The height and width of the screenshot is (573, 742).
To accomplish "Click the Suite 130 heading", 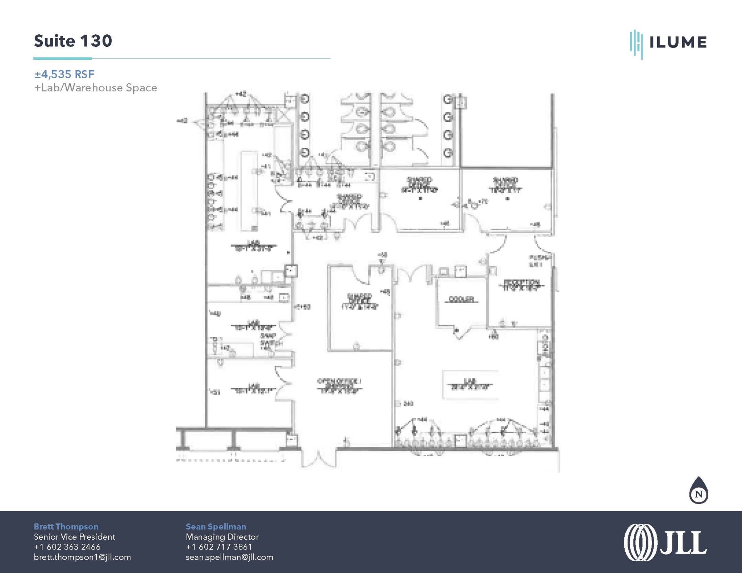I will click(x=73, y=41).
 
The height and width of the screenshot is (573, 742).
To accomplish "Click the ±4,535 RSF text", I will click(x=64, y=74).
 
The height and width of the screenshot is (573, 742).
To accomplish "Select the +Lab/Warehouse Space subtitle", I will click(x=96, y=88).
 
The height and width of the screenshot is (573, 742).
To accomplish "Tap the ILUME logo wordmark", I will click(x=677, y=42).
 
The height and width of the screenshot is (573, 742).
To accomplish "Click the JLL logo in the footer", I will click(x=665, y=543).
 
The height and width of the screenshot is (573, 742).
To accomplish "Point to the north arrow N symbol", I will click(x=699, y=494).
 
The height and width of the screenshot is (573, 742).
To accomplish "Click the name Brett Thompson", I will click(x=66, y=527).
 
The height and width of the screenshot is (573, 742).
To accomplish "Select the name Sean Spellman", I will click(x=216, y=527).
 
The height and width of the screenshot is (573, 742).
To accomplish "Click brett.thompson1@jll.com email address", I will click(x=82, y=557).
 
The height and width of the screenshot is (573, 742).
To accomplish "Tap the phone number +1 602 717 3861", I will click(x=218, y=547).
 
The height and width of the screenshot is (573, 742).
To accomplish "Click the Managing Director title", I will click(x=222, y=537).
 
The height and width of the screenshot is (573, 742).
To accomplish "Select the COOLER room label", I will click(x=461, y=299).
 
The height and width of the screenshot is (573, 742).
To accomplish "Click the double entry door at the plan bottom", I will click(x=318, y=458).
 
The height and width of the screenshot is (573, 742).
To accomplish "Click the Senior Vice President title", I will click(x=74, y=537).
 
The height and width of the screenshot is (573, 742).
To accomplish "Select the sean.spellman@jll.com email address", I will click(x=229, y=557).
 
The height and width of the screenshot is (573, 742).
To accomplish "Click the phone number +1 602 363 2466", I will click(x=67, y=547).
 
